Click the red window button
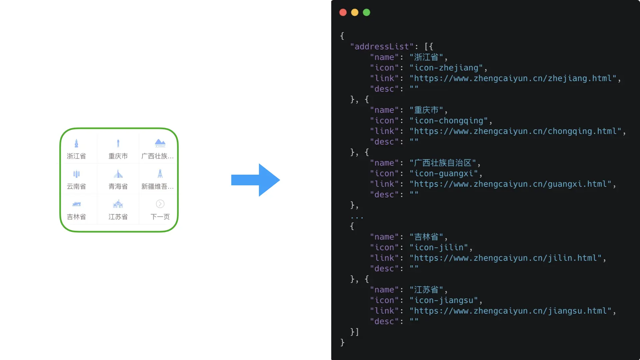343,13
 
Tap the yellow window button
355,13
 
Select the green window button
366,13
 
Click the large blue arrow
255,180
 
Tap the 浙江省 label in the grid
76,156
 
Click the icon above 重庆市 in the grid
118,143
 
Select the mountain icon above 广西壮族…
160,143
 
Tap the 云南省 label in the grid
76,186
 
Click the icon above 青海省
118,174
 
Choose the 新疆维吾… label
157,186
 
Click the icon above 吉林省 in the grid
76,204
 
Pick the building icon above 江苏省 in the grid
118,204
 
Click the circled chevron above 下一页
160,204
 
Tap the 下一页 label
160,217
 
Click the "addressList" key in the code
382,47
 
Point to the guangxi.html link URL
510,184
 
